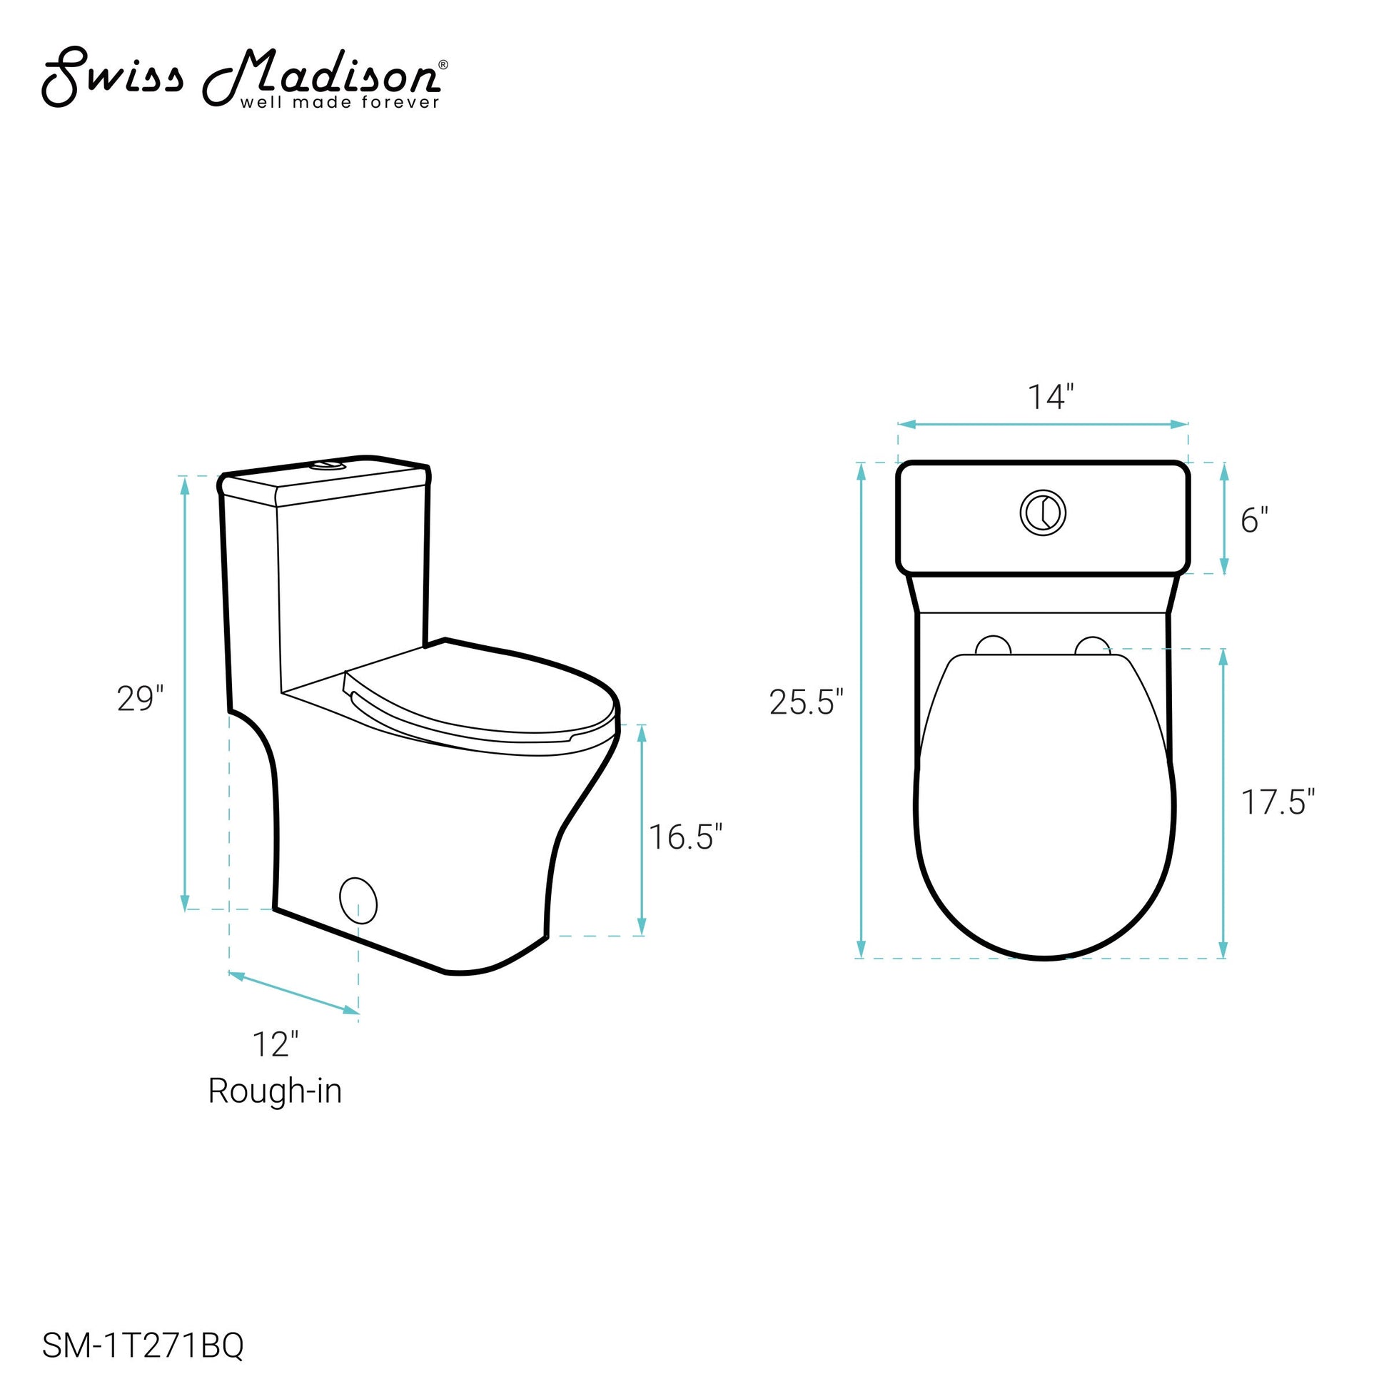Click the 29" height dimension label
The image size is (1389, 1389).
pos(141,698)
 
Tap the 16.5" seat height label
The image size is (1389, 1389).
pos(685,836)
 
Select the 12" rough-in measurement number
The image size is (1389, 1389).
pos(275,1044)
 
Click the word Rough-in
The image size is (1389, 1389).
pos(275,1091)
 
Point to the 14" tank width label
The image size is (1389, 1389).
pos(1051,397)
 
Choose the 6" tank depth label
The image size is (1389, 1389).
pos(1255,520)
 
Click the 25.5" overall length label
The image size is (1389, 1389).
pos(806,702)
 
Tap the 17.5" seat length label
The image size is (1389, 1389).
pos(1278,802)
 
